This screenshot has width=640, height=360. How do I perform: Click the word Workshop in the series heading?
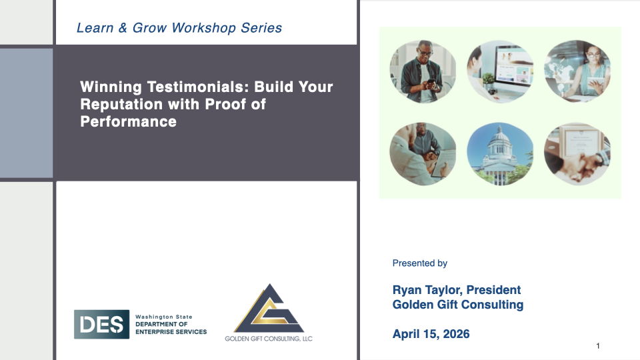[204, 28]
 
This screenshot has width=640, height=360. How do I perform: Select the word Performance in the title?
[128, 121]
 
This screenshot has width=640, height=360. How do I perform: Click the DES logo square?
[101, 324]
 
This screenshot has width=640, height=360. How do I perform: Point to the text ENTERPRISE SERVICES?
[171, 332]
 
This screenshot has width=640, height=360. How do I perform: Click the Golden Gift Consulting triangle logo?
[269, 308]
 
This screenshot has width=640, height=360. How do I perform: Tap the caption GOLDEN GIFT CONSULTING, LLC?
[269, 339]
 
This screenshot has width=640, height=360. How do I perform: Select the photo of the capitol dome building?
[500, 154]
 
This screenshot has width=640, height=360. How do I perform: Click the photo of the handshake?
[577, 154]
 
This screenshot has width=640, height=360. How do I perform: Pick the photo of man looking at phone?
[423, 71]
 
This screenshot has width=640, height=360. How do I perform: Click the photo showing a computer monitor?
[500, 71]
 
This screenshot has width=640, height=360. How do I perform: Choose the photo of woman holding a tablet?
[577, 71]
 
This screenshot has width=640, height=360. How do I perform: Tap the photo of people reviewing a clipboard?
[423, 154]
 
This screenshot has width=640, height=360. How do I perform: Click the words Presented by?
[419, 263]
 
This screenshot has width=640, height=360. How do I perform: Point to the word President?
[493, 290]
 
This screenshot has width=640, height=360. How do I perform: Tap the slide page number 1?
[598, 346]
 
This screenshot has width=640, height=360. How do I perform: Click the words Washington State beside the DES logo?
[164, 317]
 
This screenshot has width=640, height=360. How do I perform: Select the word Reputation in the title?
[121, 105]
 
